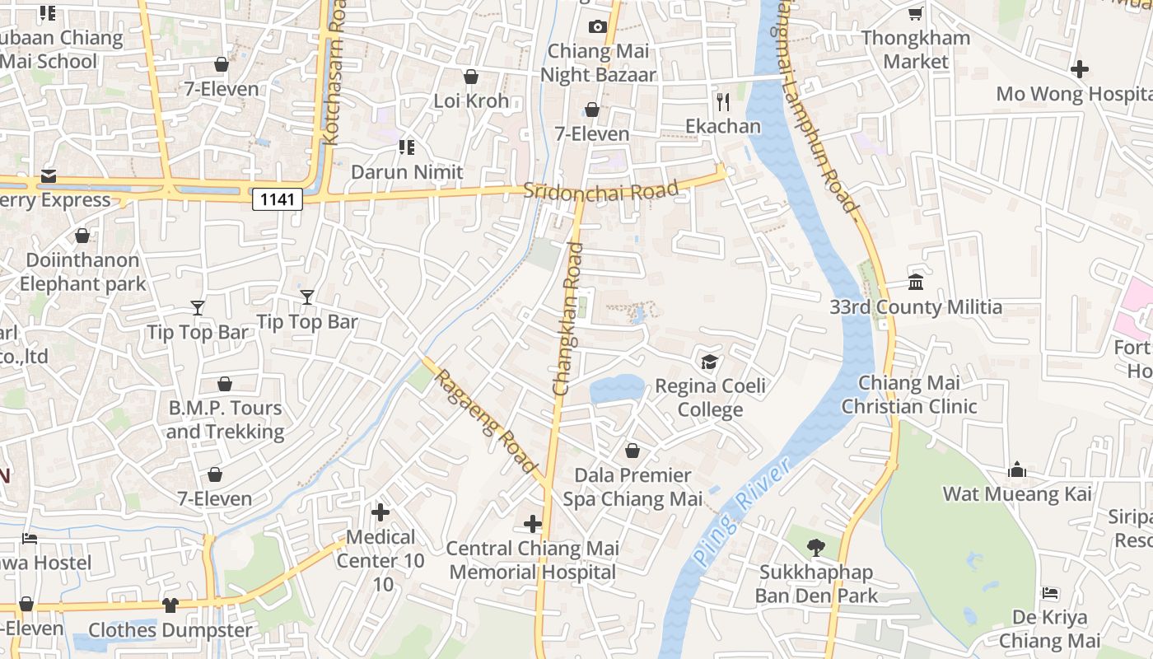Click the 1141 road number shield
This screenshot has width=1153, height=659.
[x=278, y=199]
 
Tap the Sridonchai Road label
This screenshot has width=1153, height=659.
[x=601, y=191]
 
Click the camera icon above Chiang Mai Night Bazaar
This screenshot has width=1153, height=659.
[x=598, y=26]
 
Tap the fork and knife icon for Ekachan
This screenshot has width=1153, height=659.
[x=723, y=101]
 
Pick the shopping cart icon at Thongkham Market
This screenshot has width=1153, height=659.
[x=915, y=13]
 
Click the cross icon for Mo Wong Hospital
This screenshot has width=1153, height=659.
[x=1080, y=69]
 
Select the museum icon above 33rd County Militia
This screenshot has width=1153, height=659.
[x=915, y=283]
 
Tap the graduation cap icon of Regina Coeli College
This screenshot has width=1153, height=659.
[x=709, y=362]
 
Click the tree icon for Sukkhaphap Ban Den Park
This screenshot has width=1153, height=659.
[x=816, y=547]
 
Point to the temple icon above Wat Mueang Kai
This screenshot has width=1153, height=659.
[x=1017, y=470]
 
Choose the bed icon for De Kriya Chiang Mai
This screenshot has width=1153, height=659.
[x=1049, y=593]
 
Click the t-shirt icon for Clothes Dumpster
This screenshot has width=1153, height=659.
[x=170, y=605]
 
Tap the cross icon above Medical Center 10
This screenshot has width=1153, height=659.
[x=380, y=512]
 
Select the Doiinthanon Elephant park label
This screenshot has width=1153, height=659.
[x=82, y=272]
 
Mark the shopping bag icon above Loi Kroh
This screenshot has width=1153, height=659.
[x=471, y=77]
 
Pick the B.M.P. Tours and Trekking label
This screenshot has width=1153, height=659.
[x=225, y=420]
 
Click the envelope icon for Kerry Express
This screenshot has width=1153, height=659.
[x=49, y=176]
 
